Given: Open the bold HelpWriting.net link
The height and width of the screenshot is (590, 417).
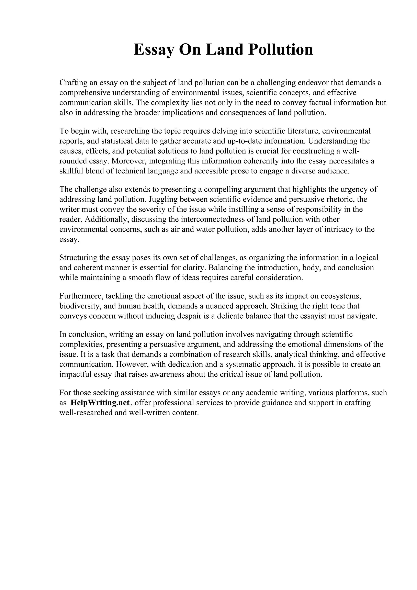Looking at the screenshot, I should point(100,403).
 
